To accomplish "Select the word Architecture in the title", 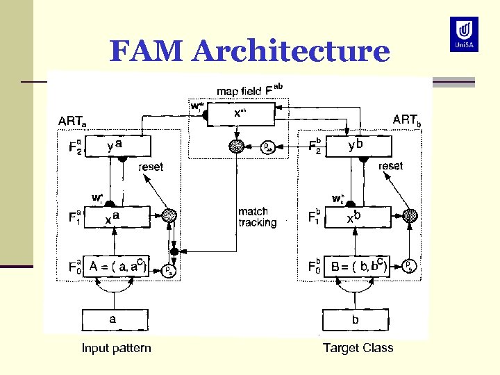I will click(x=292, y=51).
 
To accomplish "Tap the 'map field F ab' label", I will click(x=249, y=90).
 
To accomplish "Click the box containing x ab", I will click(x=240, y=112).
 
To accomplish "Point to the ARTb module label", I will click(x=407, y=119).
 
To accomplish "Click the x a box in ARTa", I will click(x=116, y=217).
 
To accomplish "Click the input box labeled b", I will click(x=356, y=320).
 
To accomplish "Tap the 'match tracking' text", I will click(x=257, y=217).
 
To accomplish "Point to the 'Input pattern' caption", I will click(x=116, y=348).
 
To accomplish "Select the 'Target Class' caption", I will click(x=358, y=348).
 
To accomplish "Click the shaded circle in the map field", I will click(x=236, y=147).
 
